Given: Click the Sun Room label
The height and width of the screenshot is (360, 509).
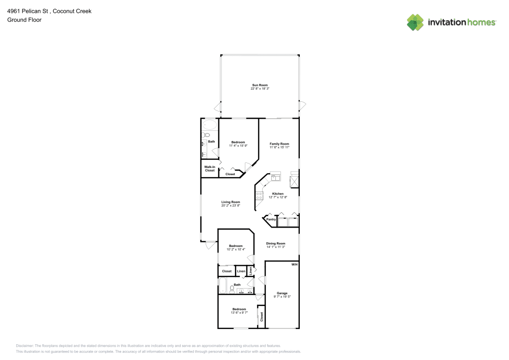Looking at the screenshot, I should coord(260,85).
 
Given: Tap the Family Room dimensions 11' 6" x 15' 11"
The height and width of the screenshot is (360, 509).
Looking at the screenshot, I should coord(279,147).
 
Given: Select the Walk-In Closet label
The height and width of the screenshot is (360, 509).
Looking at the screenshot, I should coord(210,169).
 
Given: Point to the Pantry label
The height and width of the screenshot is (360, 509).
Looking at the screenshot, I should coord(271,219).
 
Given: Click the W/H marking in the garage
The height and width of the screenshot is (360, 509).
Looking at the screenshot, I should coord(294,265).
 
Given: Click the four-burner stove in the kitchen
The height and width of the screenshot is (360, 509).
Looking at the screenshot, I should coord(260,194).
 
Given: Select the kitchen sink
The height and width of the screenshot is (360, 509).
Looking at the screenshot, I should coord(275,177).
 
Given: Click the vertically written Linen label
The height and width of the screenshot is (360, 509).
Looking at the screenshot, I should coord(250,271).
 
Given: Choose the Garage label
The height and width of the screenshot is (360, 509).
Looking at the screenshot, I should coord(282,293).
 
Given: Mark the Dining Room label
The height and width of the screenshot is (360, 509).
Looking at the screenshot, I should coord(275,243).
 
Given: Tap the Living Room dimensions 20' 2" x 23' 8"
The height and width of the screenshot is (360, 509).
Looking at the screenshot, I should coord(231,206).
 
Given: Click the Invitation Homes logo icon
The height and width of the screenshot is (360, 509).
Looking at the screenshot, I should coord(415,22).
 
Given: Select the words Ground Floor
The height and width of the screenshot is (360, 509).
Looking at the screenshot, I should coord(24,20).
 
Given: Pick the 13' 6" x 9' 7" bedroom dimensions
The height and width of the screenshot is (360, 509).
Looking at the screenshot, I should coord(239,313).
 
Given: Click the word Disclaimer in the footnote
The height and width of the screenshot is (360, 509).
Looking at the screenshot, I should coord(25,345).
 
